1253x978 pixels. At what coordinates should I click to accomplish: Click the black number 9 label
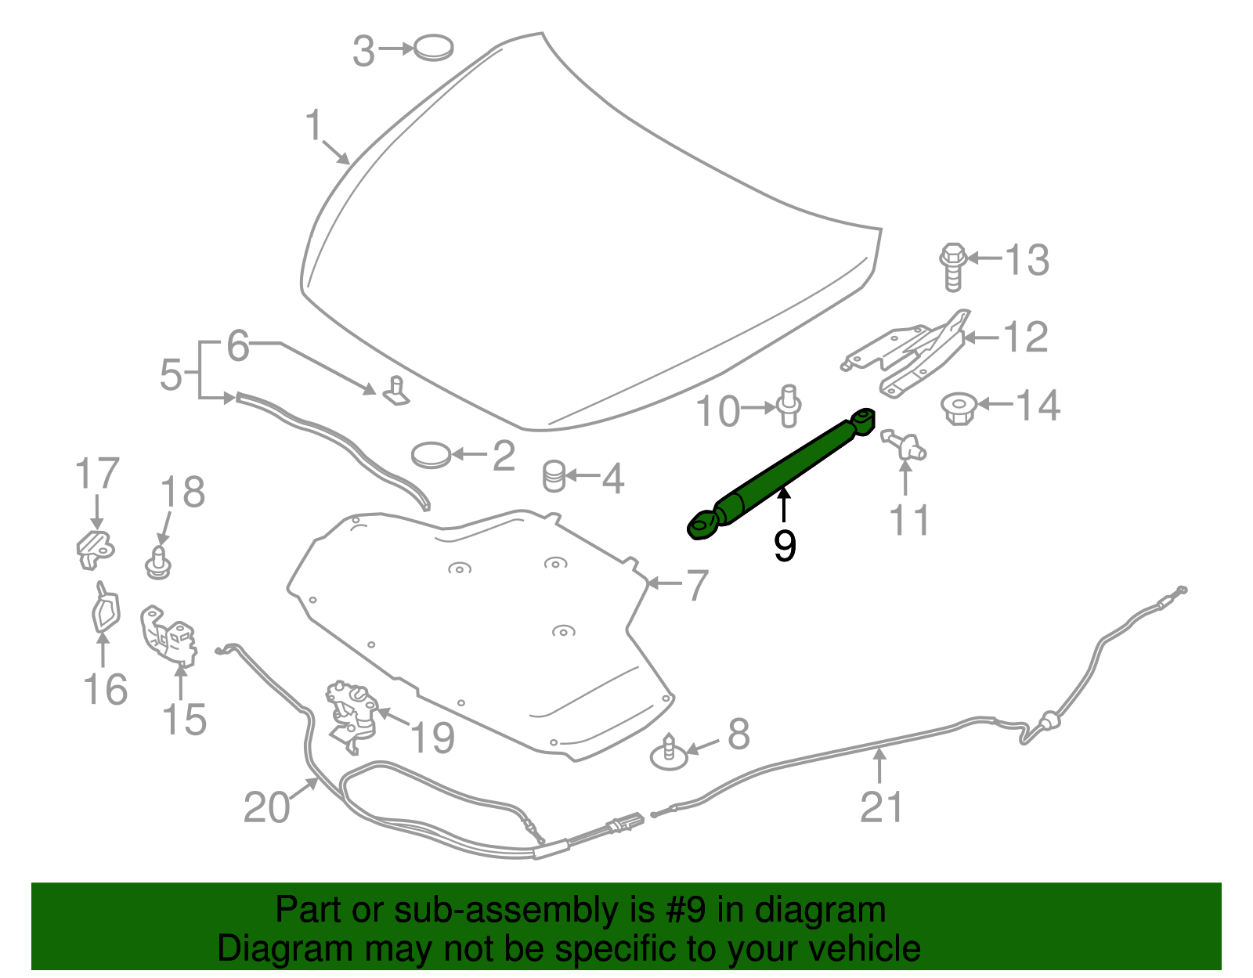tap(784, 545)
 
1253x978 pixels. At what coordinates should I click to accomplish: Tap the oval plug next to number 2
tap(432, 454)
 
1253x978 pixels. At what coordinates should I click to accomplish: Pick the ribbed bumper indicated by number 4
tap(554, 476)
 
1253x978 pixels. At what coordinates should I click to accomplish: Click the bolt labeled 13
tap(951, 266)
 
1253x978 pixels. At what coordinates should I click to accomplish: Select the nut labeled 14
tap(959, 407)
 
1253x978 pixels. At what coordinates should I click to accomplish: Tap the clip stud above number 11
tap(905, 445)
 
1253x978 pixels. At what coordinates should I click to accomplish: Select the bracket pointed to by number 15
tap(168, 634)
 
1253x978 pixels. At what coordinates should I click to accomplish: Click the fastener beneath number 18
tap(159, 563)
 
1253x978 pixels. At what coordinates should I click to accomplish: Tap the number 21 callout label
tap(882, 807)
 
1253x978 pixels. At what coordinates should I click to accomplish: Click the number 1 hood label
tap(314, 125)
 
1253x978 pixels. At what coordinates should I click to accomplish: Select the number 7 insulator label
tap(696, 584)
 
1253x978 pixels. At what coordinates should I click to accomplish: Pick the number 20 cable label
tap(266, 807)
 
